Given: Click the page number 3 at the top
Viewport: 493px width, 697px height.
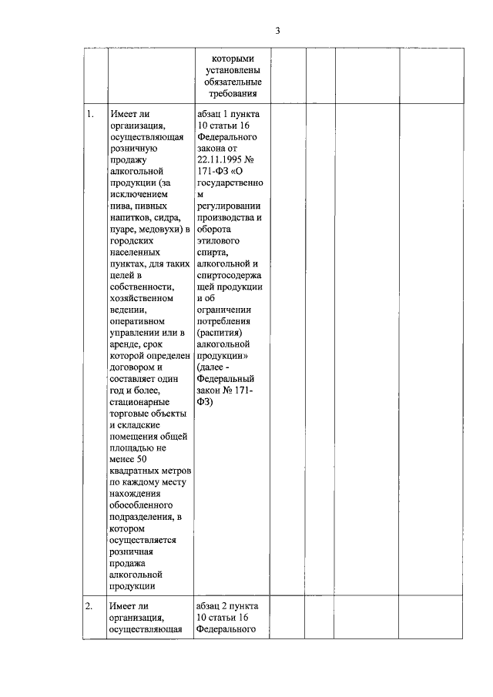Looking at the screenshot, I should (278, 31).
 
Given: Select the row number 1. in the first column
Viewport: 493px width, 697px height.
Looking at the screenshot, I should (90, 115).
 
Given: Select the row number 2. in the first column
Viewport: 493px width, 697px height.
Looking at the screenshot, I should (90, 606).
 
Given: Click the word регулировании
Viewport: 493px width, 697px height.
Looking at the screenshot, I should (229, 207).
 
